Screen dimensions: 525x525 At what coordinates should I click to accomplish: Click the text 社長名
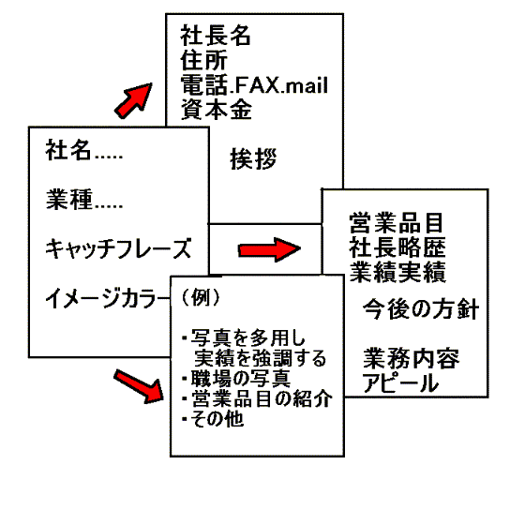[x=216, y=36]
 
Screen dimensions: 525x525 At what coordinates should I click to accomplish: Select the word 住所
[x=204, y=60]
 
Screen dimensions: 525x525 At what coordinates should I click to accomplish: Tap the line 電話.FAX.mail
[x=254, y=84]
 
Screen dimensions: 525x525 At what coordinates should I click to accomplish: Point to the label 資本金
[x=216, y=109]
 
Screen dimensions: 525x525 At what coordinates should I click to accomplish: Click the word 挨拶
[x=253, y=158]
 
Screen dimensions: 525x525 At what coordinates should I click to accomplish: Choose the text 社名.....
[x=68, y=150]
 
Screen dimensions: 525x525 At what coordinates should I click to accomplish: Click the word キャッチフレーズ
[x=118, y=248]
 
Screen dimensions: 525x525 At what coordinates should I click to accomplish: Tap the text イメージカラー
[x=108, y=298]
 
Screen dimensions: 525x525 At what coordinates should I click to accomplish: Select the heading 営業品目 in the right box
[x=396, y=223]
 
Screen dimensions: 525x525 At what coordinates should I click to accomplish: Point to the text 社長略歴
[x=397, y=247]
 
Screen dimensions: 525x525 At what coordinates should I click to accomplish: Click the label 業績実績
[x=397, y=272]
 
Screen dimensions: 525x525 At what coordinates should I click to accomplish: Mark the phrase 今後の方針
[x=421, y=308]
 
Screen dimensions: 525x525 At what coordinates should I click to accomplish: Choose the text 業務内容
[x=412, y=358]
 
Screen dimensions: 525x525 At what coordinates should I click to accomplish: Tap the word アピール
[x=400, y=382]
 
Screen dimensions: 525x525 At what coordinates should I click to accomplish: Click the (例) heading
[x=201, y=297]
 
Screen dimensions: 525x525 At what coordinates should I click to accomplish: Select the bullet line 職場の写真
[x=236, y=379]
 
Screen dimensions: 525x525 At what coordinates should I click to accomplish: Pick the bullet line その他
[x=213, y=418]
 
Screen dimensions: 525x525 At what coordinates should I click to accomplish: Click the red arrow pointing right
[x=269, y=249]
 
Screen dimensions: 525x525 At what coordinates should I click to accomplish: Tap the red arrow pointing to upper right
[x=133, y=100]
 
